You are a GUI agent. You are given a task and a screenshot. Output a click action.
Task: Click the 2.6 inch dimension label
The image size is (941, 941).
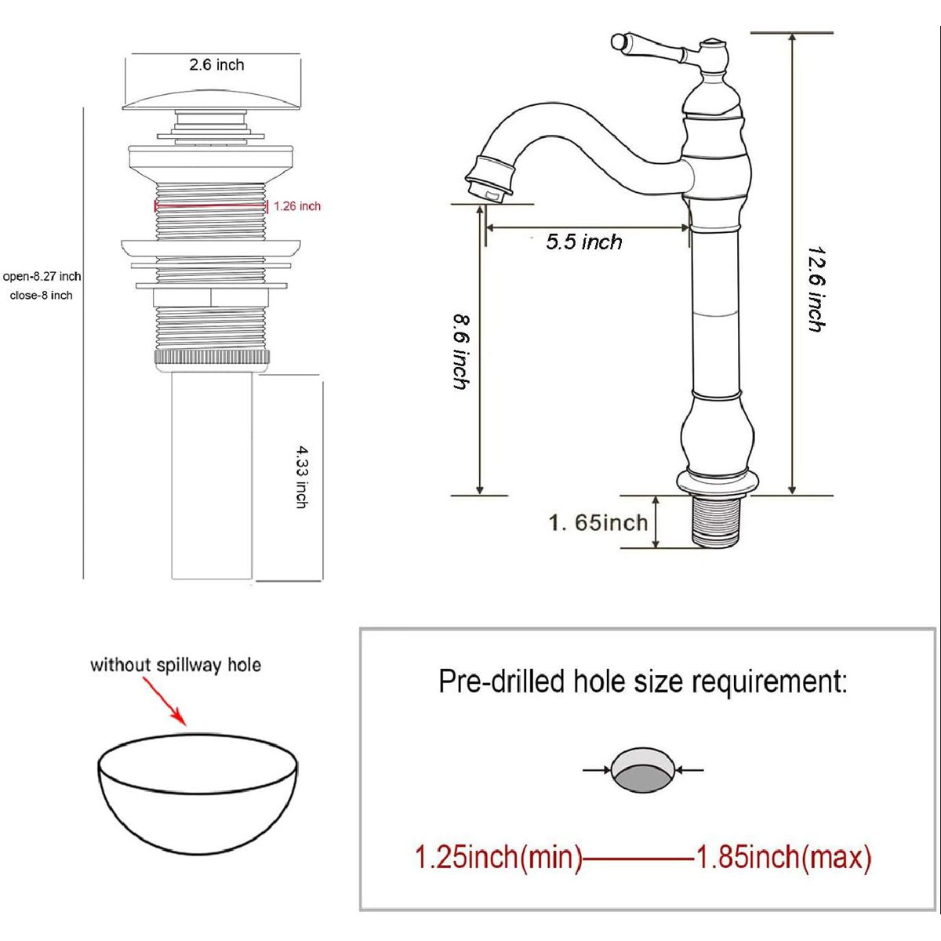[x=216, y=65]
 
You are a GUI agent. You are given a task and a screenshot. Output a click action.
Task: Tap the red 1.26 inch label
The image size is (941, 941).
[x=297, y=206]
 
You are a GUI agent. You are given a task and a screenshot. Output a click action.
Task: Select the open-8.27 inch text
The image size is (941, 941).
[x=42, y=277]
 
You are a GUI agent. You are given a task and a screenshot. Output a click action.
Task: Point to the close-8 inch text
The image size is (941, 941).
[x=41, y=296]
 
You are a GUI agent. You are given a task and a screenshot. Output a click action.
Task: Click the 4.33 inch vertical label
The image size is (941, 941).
[x=303, y=478]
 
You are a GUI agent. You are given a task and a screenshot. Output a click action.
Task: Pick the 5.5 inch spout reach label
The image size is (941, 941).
[x=584, y=242]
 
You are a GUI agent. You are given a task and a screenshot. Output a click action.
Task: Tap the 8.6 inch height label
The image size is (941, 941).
[x=461, y=353]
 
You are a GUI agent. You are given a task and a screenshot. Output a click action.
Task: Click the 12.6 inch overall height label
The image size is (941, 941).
[x=816, y=289]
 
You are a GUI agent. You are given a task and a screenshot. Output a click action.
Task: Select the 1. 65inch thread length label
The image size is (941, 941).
[x=598, y=523]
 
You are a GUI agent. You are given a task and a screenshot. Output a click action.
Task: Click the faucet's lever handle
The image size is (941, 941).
[x=649, y=46]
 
